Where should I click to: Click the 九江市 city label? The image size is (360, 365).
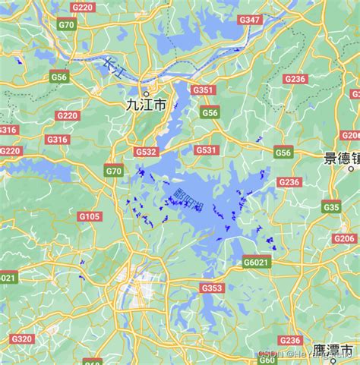coord(146,107)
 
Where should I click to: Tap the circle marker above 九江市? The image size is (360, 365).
coord(146,95)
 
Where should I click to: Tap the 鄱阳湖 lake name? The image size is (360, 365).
coord(188,200)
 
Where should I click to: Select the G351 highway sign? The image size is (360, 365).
coord(203,90)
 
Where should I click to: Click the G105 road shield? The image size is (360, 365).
coord(90,217)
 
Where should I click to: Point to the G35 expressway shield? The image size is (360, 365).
coord(330,206)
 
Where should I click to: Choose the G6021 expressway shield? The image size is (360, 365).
coord(256,262)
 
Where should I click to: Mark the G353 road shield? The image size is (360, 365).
coord(212,288)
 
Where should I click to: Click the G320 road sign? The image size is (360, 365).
coord(22,338)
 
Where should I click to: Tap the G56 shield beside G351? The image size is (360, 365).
coord(210,112)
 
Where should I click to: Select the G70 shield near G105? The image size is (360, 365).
coord(113,171)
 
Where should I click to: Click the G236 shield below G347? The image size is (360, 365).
coord(295,79)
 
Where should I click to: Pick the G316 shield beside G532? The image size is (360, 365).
coord(57,140)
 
